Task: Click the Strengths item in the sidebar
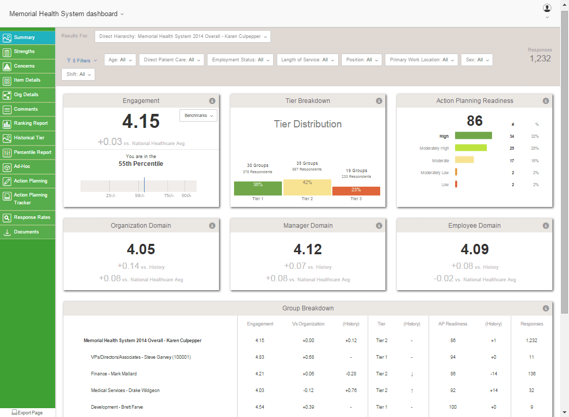coord(24,52)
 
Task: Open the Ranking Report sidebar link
coord(30,124)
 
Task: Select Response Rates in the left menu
coord(32,218)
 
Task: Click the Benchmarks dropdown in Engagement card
coord(198,115)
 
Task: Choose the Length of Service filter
coord(307,60)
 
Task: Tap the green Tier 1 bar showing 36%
coord(257,188)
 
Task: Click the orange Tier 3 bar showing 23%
coord(356,191)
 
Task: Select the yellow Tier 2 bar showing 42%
coord(307,187)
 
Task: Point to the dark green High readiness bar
coord(473,136)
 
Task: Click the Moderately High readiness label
coord(434,148)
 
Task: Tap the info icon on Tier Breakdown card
coord(379,101)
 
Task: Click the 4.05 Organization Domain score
coord(141,249)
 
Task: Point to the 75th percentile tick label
coord(169,196)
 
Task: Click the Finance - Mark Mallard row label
coord(114,374)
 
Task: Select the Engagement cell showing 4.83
coord(260,357)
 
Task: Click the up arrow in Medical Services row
coord(412,390)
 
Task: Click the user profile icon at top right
coord(547,8)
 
